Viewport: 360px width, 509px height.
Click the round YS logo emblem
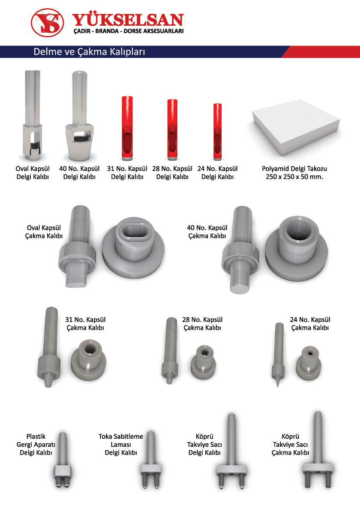[47, 23]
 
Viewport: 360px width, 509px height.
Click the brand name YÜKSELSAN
[128, 20]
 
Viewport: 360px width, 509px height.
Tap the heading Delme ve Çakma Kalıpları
[89, 51]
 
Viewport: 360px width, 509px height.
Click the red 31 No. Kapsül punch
[127, 128]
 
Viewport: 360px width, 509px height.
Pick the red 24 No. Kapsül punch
[217, 132]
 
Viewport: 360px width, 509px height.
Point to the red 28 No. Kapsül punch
[172, 130]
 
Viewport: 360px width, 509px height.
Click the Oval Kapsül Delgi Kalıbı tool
[33, 115]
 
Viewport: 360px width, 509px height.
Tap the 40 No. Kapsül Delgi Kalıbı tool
[79, 115]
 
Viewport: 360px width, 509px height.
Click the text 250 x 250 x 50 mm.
[294, 177]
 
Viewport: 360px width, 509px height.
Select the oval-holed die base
[133, 248]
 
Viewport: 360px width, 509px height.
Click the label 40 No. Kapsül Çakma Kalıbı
[207, 232]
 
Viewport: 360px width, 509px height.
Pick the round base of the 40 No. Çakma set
[297, 248]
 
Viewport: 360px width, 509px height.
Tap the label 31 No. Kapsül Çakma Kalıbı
[85, 324]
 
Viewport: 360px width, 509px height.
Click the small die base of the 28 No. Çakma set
[203, 363]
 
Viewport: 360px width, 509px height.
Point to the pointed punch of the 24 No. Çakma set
[279, 354]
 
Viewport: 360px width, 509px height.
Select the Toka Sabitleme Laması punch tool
[151, 459]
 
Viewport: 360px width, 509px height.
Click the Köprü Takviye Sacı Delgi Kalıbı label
[205, 444]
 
